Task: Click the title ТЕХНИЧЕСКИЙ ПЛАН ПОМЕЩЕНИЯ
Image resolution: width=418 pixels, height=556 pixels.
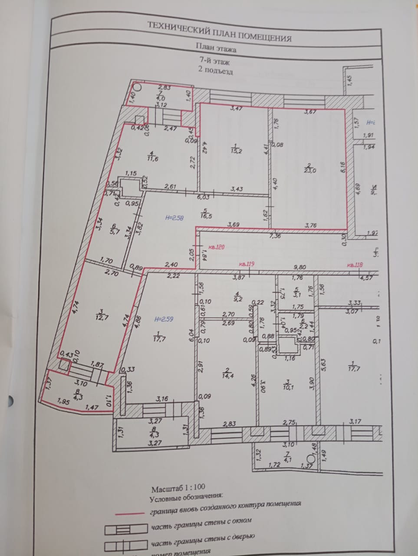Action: (x=219, y=32)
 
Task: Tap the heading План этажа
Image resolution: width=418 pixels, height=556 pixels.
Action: (x=216, y=47)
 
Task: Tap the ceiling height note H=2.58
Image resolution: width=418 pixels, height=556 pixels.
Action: (x=175, y=218)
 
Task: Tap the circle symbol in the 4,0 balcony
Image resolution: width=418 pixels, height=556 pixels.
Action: (x=136, y=86)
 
